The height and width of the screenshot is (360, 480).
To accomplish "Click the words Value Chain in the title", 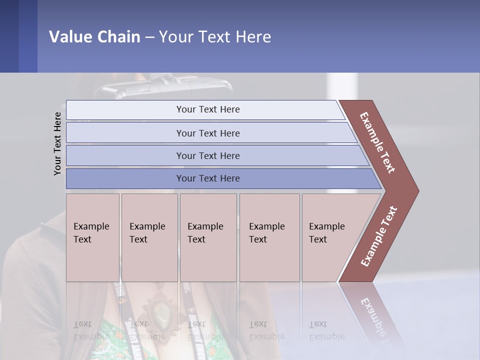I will [x=94, y=37].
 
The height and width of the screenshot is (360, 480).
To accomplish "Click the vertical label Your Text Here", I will [x=57, y=143].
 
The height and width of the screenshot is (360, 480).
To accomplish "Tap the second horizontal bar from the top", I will [x=208, y=133].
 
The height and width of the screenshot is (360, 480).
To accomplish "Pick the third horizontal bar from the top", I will [x=208, y=155].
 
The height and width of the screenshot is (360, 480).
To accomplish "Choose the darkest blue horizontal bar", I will [x=208, y=178].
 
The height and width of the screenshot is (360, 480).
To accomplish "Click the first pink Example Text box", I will [x=92, y=237].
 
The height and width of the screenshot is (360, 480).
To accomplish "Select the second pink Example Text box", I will [x=149, y=237].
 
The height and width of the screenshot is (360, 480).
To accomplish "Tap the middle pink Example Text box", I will [x=208, y=237].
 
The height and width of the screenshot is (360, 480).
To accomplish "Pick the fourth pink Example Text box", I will [x=269, y=237].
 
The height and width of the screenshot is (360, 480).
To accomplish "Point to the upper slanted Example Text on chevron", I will [x=378, y=142].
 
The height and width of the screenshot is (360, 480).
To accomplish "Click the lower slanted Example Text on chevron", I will [x=379, y=236].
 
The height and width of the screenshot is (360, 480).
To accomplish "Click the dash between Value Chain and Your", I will [x=149, y=37].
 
